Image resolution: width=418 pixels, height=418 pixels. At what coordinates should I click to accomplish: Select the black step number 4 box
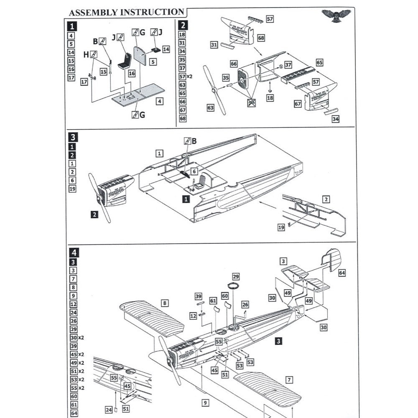74,252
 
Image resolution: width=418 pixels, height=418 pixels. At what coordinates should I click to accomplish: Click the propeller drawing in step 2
215,90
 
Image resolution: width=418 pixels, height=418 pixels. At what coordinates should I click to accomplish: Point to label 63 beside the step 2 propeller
210,108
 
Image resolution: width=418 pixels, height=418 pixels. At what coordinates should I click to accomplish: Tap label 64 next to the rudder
342,273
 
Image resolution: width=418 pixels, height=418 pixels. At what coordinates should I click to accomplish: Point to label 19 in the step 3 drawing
281,226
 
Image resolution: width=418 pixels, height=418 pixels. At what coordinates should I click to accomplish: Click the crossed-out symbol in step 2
252,103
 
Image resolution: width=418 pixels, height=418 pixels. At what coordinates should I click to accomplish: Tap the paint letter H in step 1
86,54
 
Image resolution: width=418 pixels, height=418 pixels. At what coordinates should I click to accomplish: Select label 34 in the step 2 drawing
335,119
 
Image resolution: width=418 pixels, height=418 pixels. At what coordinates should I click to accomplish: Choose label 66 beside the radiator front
234,64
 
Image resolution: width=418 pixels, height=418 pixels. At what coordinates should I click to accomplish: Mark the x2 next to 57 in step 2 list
189,76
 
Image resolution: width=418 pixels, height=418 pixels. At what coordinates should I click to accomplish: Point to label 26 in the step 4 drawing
245,305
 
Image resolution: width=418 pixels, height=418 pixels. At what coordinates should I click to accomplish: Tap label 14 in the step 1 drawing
166,49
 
